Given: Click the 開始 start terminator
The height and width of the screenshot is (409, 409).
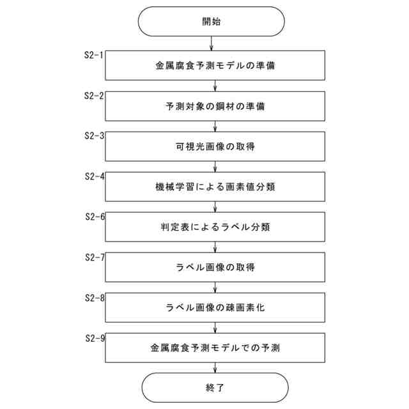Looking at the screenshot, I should [212, 21].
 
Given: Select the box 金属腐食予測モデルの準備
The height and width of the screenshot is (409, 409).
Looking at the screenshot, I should [215, 66].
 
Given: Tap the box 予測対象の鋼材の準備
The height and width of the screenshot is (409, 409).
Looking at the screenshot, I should [215, 106].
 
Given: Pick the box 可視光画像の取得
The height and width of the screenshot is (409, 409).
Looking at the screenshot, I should [215, 146].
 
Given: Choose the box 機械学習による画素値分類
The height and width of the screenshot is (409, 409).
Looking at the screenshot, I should [215, 187].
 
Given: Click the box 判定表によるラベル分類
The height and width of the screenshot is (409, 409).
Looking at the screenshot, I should [215, 227].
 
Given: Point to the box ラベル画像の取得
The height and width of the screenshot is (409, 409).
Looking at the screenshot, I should [215, 267].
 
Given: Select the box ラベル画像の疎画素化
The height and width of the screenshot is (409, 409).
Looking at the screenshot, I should [215, 307].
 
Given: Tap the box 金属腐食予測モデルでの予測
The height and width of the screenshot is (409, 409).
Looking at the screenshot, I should [215, 348].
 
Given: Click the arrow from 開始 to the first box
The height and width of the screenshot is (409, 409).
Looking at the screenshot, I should [212, 44].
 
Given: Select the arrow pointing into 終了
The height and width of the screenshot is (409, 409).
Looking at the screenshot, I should [215, 368].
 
